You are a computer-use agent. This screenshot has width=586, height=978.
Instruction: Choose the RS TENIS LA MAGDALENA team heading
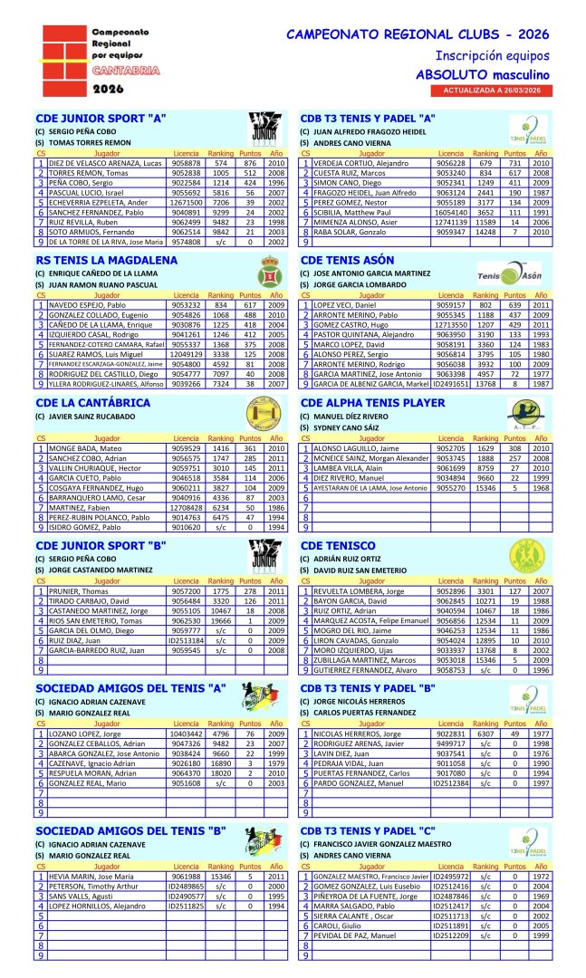point(106,260)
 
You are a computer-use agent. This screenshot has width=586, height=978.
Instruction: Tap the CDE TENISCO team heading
point(337,545)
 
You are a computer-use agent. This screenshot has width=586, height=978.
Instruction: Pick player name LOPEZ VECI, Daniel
point(344,305)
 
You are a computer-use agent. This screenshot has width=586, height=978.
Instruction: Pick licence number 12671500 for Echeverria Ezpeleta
point(187,202)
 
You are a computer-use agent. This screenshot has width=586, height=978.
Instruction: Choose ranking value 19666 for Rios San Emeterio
point(220,620)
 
